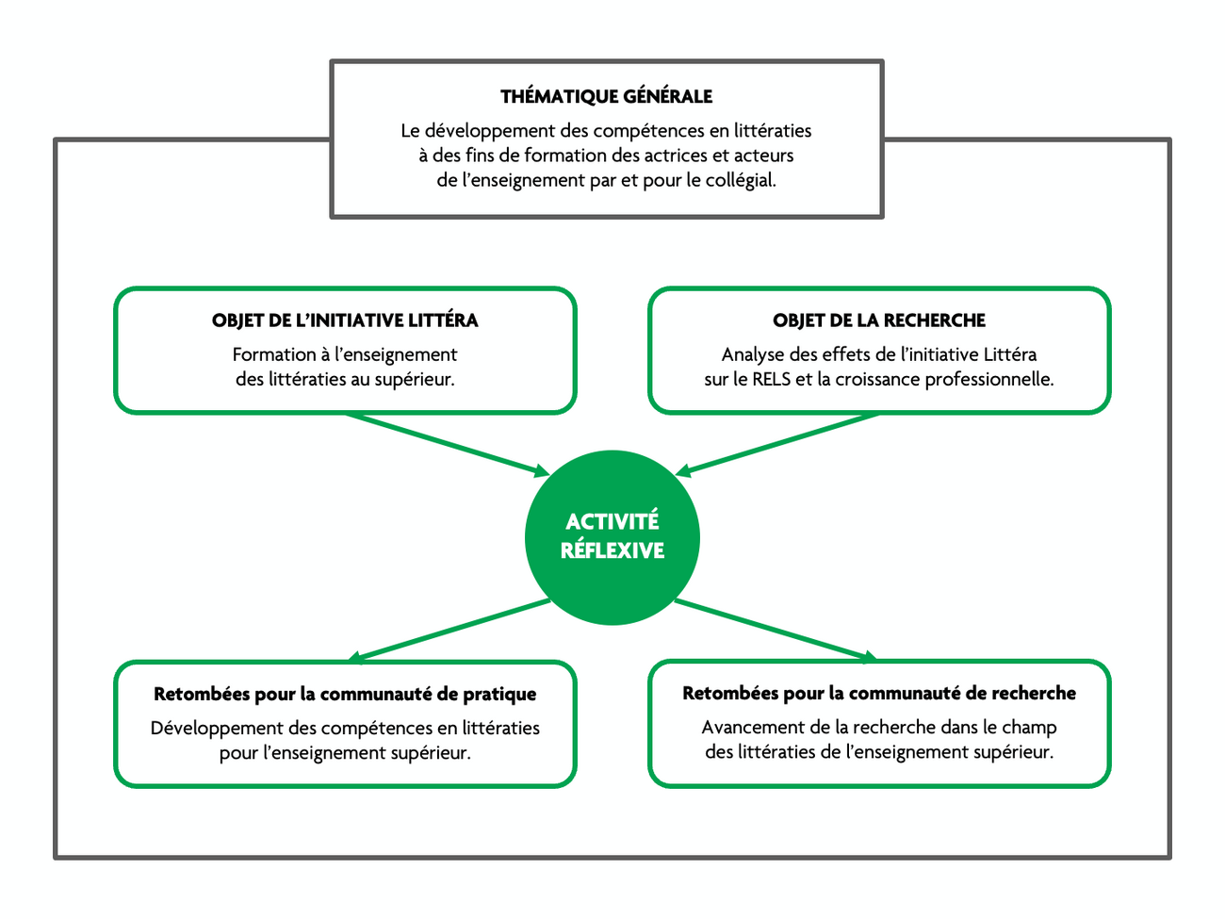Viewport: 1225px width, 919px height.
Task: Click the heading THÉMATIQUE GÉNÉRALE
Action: pyautogui.click(x=606, y=96)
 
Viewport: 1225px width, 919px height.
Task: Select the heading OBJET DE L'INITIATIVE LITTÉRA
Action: pyautogui.click(x=345, y=320)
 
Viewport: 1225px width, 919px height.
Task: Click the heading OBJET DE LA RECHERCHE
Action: pyautogui.click(x=879, y=320)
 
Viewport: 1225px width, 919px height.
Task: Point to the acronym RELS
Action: pyautogui.click(x=771, y=380)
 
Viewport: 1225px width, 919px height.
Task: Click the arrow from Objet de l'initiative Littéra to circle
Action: pyautogui.click(x=447, y=443)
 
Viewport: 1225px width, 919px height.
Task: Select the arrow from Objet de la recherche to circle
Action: pyautogui.click(x=778, y=443)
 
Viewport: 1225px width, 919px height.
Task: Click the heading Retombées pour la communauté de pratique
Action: pyautogui.click(x=345, y=695)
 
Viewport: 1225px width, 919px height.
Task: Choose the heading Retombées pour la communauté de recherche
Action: pyautogui.click(x=879, y=694)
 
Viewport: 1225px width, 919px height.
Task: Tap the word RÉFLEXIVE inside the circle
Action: pyautogui.click(x=612, y=550)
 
